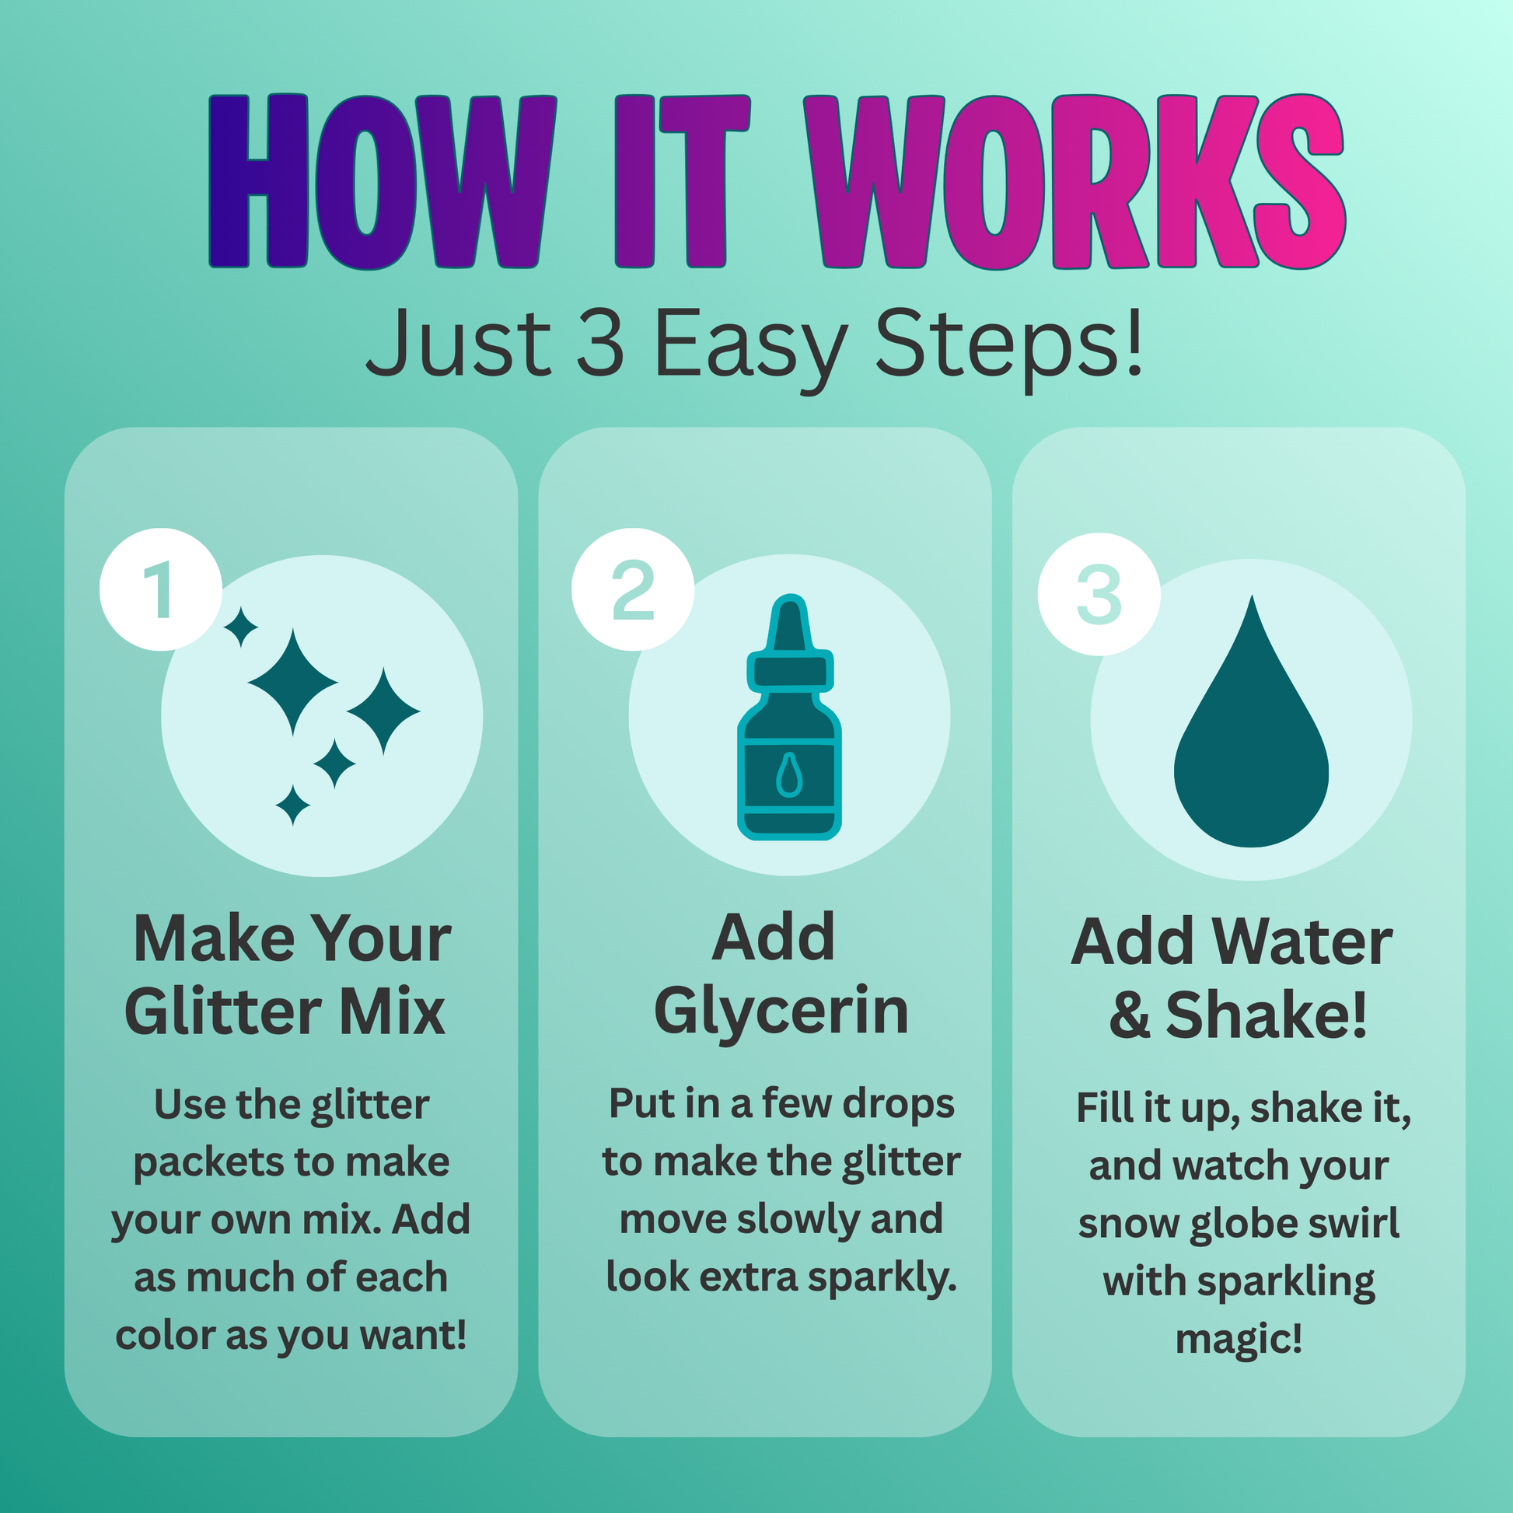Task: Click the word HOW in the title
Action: click(x=383, y=182)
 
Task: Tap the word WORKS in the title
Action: click(x=1075, y=182)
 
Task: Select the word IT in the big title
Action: click(x=682, y=182)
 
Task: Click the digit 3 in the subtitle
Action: click(x=601, y=342)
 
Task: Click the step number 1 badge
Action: click(x=160, y=589)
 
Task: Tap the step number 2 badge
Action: click(x=633, y=589)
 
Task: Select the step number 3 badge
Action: click(x=1099, y=594)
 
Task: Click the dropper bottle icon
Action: click(x=789, y=717)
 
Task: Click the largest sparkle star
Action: click(x=293, y=682)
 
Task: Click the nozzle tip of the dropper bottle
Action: click(x=789, y=602)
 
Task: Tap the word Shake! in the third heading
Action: click(x=1267, y=1015)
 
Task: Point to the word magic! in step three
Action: click(x=1239, y=1338)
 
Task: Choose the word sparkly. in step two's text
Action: click(x=882, y=1278)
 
